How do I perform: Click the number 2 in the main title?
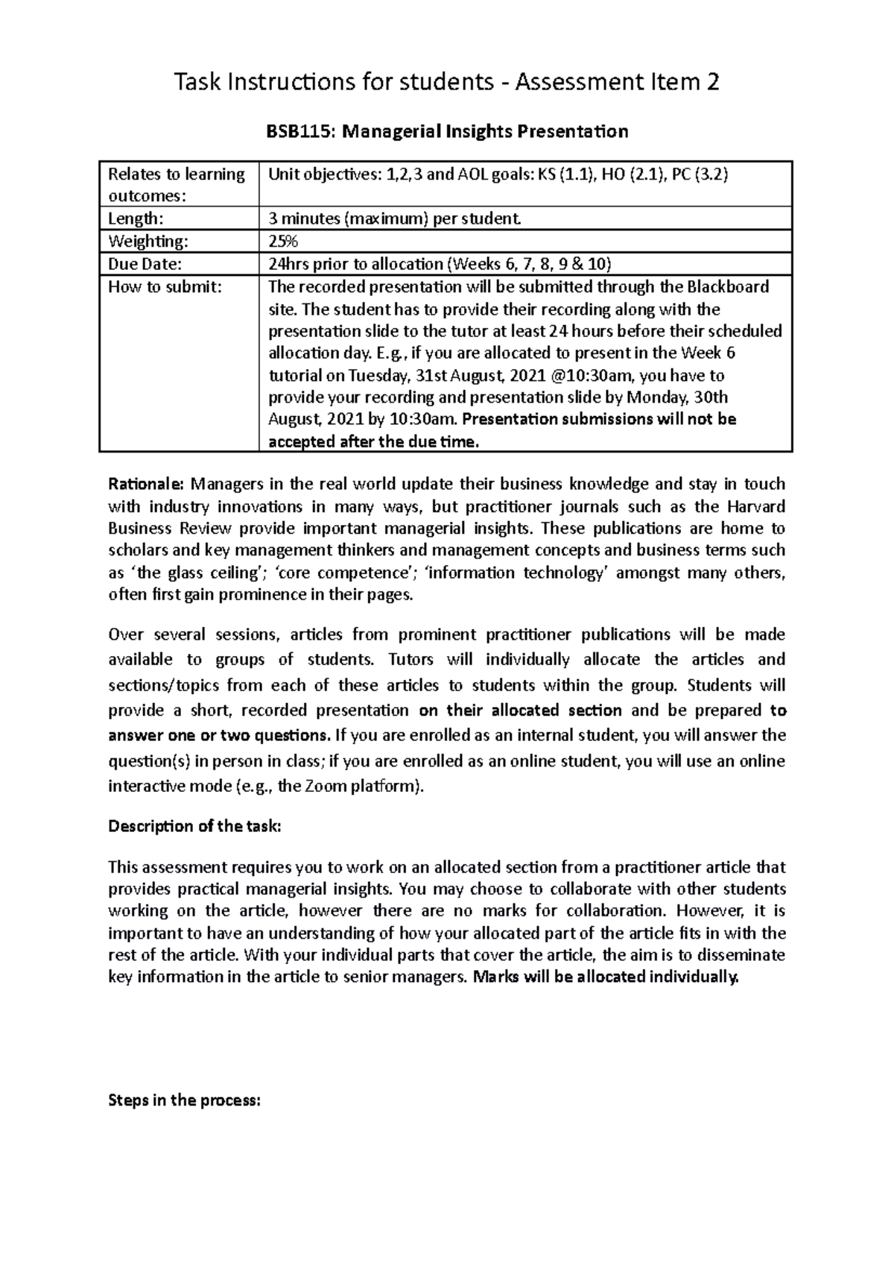[713, 82]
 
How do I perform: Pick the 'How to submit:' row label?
[165, 286]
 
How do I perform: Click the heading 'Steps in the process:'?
[185, 1100]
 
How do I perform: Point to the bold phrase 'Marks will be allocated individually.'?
[607, 977]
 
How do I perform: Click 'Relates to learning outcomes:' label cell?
[177, 184]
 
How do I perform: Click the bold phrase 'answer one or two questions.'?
[218, 736]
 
